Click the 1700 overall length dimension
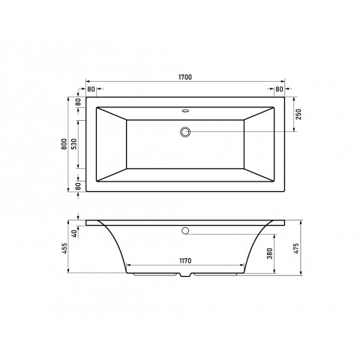point(185,76)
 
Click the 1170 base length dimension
point(185,259)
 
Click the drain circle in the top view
point(185,133)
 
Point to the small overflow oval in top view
point(185,110)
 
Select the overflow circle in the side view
point(185,229)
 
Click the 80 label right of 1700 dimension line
point(279,89)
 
